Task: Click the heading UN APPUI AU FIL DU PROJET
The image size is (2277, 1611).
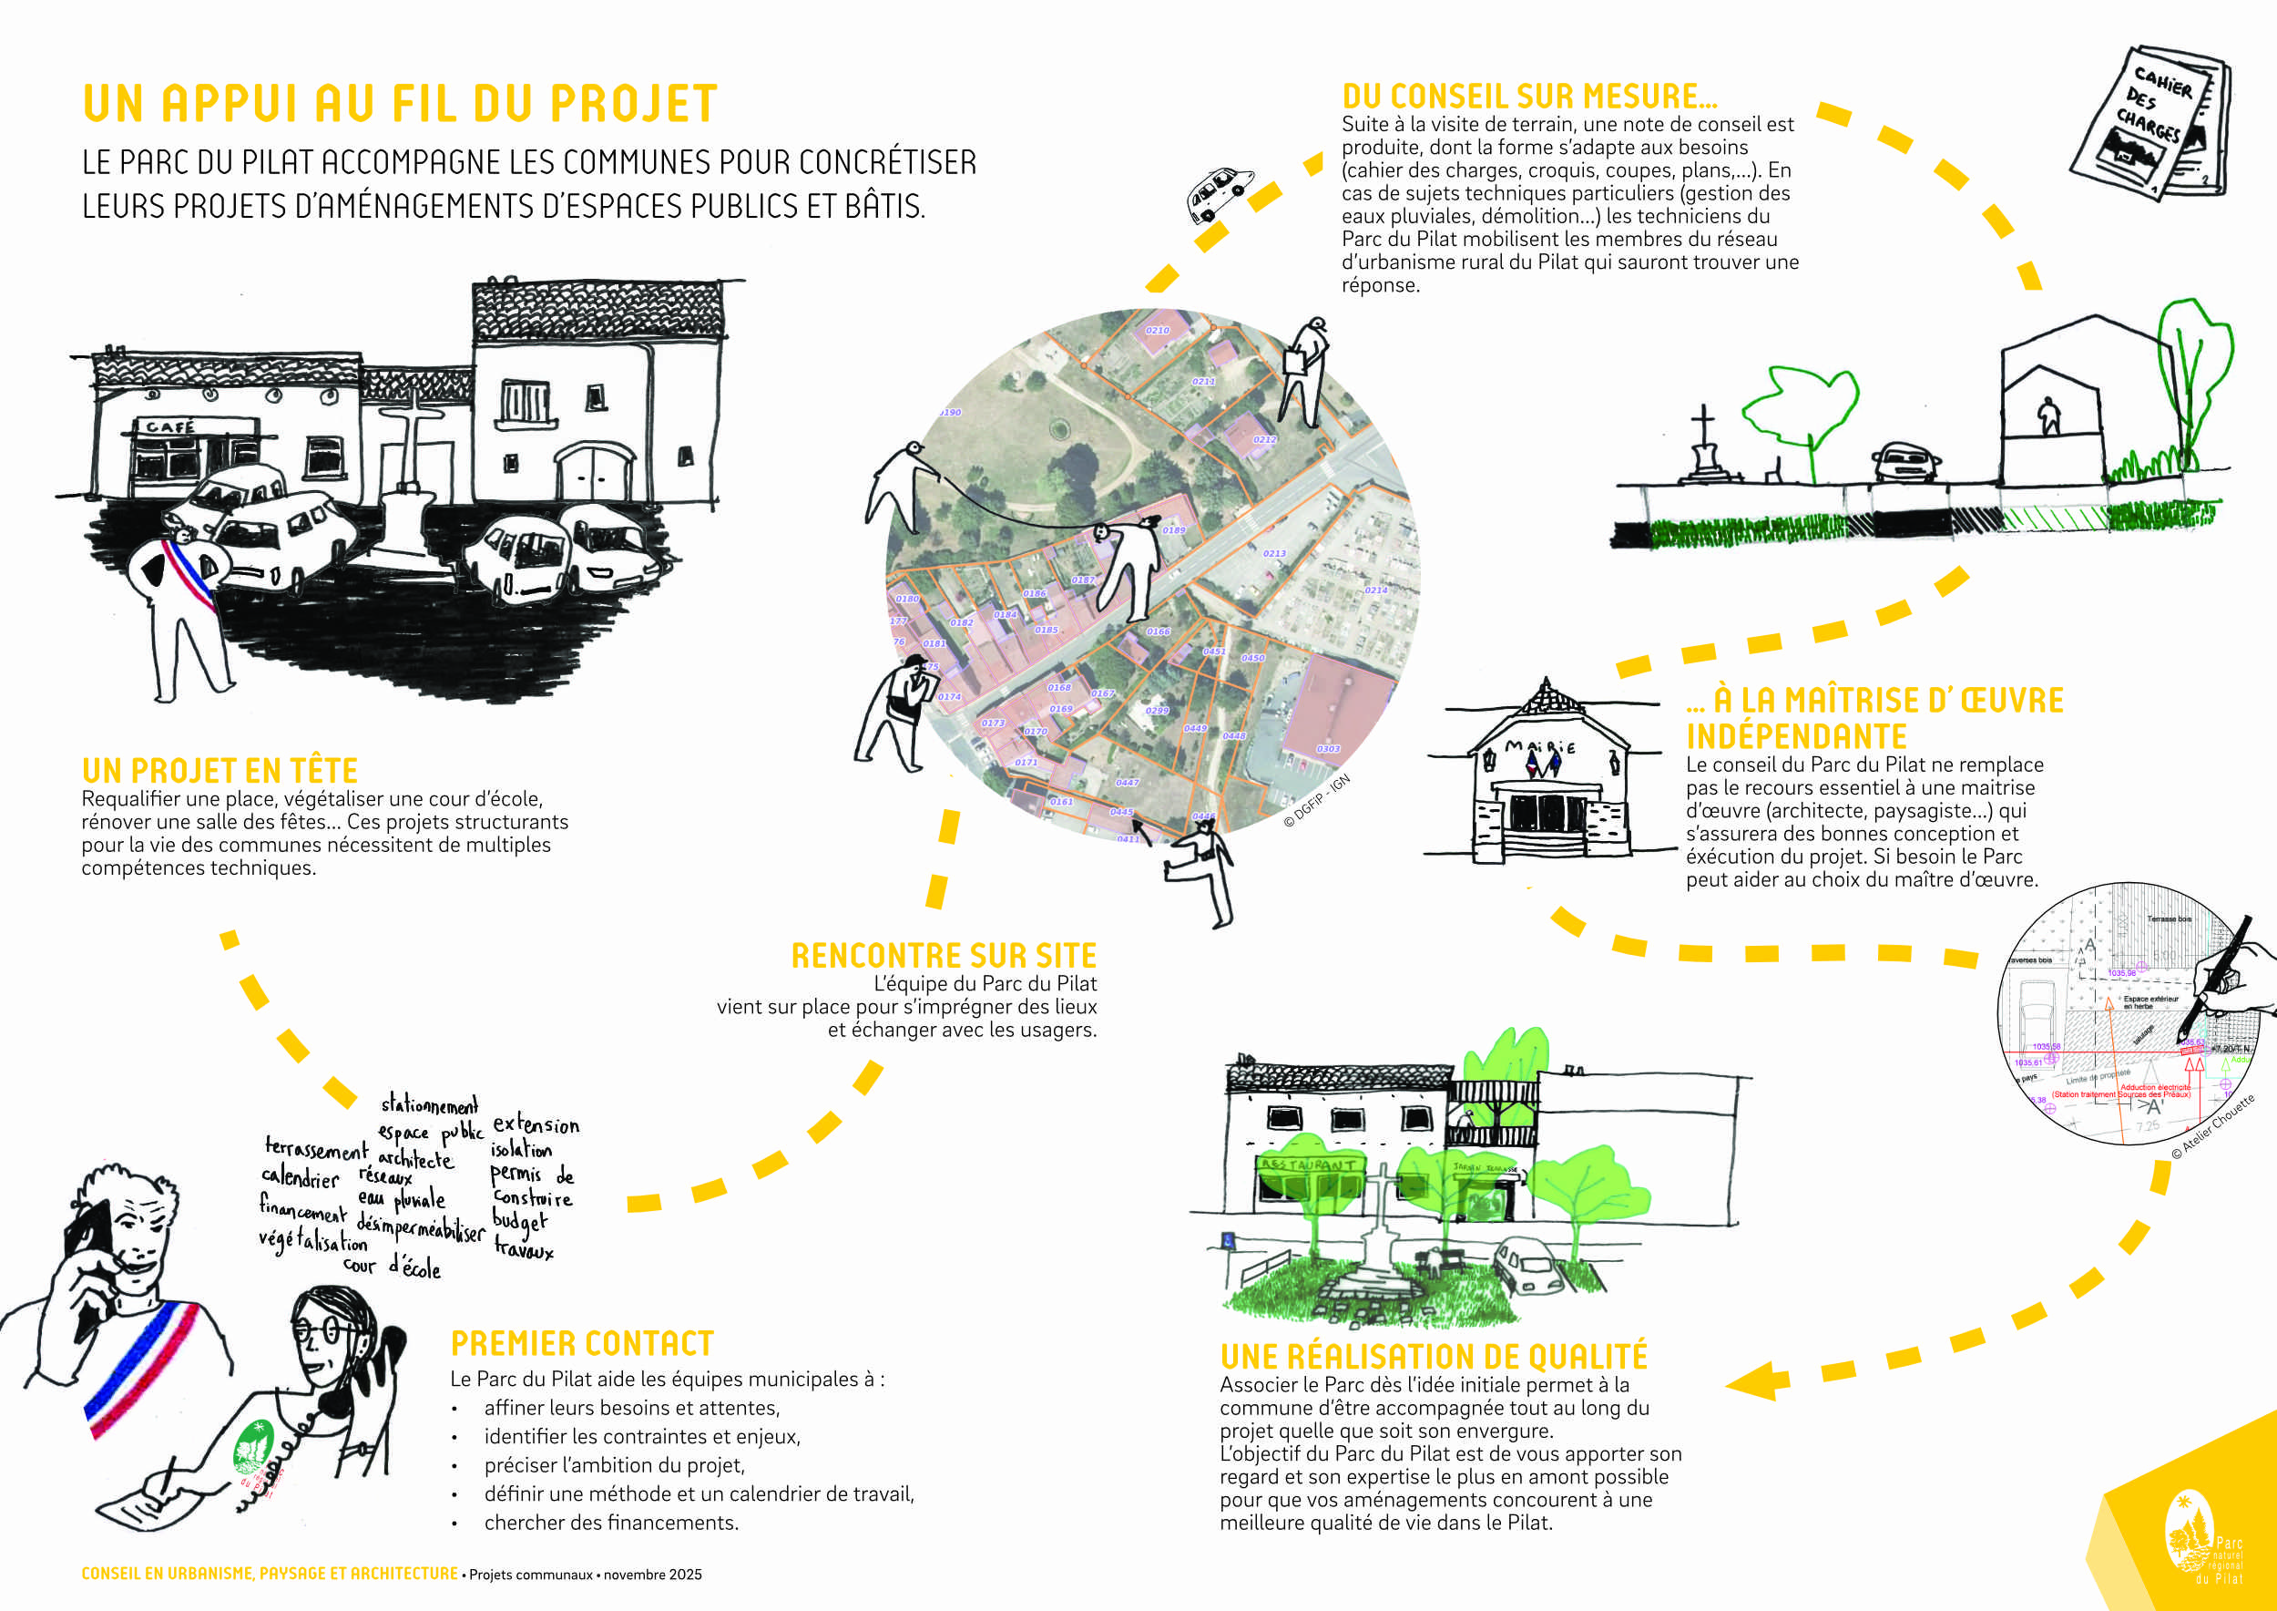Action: [400, 104]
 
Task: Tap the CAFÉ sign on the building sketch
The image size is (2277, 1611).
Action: [170, 427]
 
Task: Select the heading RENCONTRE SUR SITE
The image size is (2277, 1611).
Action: [943, 955]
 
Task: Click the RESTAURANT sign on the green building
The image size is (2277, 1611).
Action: [1308, 1164]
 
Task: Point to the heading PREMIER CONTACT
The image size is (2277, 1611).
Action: [582, 1344]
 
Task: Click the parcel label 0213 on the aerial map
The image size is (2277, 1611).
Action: [1274, 553]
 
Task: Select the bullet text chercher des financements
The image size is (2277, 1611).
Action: [611, 1523]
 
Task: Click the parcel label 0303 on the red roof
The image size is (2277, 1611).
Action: [1328, 749]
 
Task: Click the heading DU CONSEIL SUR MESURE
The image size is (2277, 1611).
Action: [1529, 97]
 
